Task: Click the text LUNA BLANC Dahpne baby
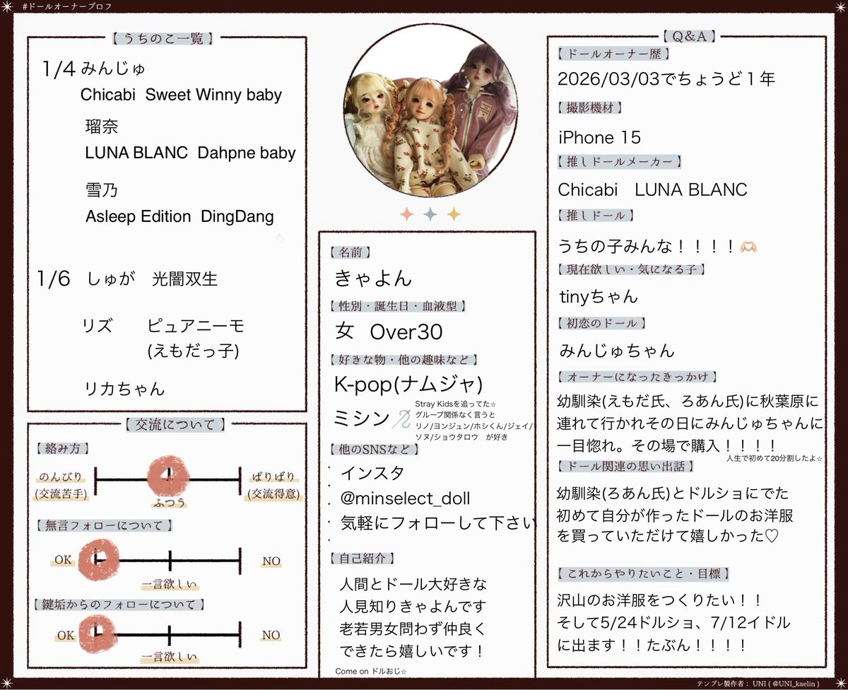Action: [190, 153]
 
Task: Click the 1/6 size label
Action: [55, 279]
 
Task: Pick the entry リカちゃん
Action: [124, 388]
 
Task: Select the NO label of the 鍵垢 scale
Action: [271, 635]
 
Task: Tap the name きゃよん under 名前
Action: [374, 279]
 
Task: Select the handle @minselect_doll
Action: [405, 498]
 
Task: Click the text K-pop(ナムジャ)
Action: [408, 384]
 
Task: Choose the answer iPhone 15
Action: [599, 136]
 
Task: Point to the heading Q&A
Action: [689, 35]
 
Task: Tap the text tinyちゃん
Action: [597, 296]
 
